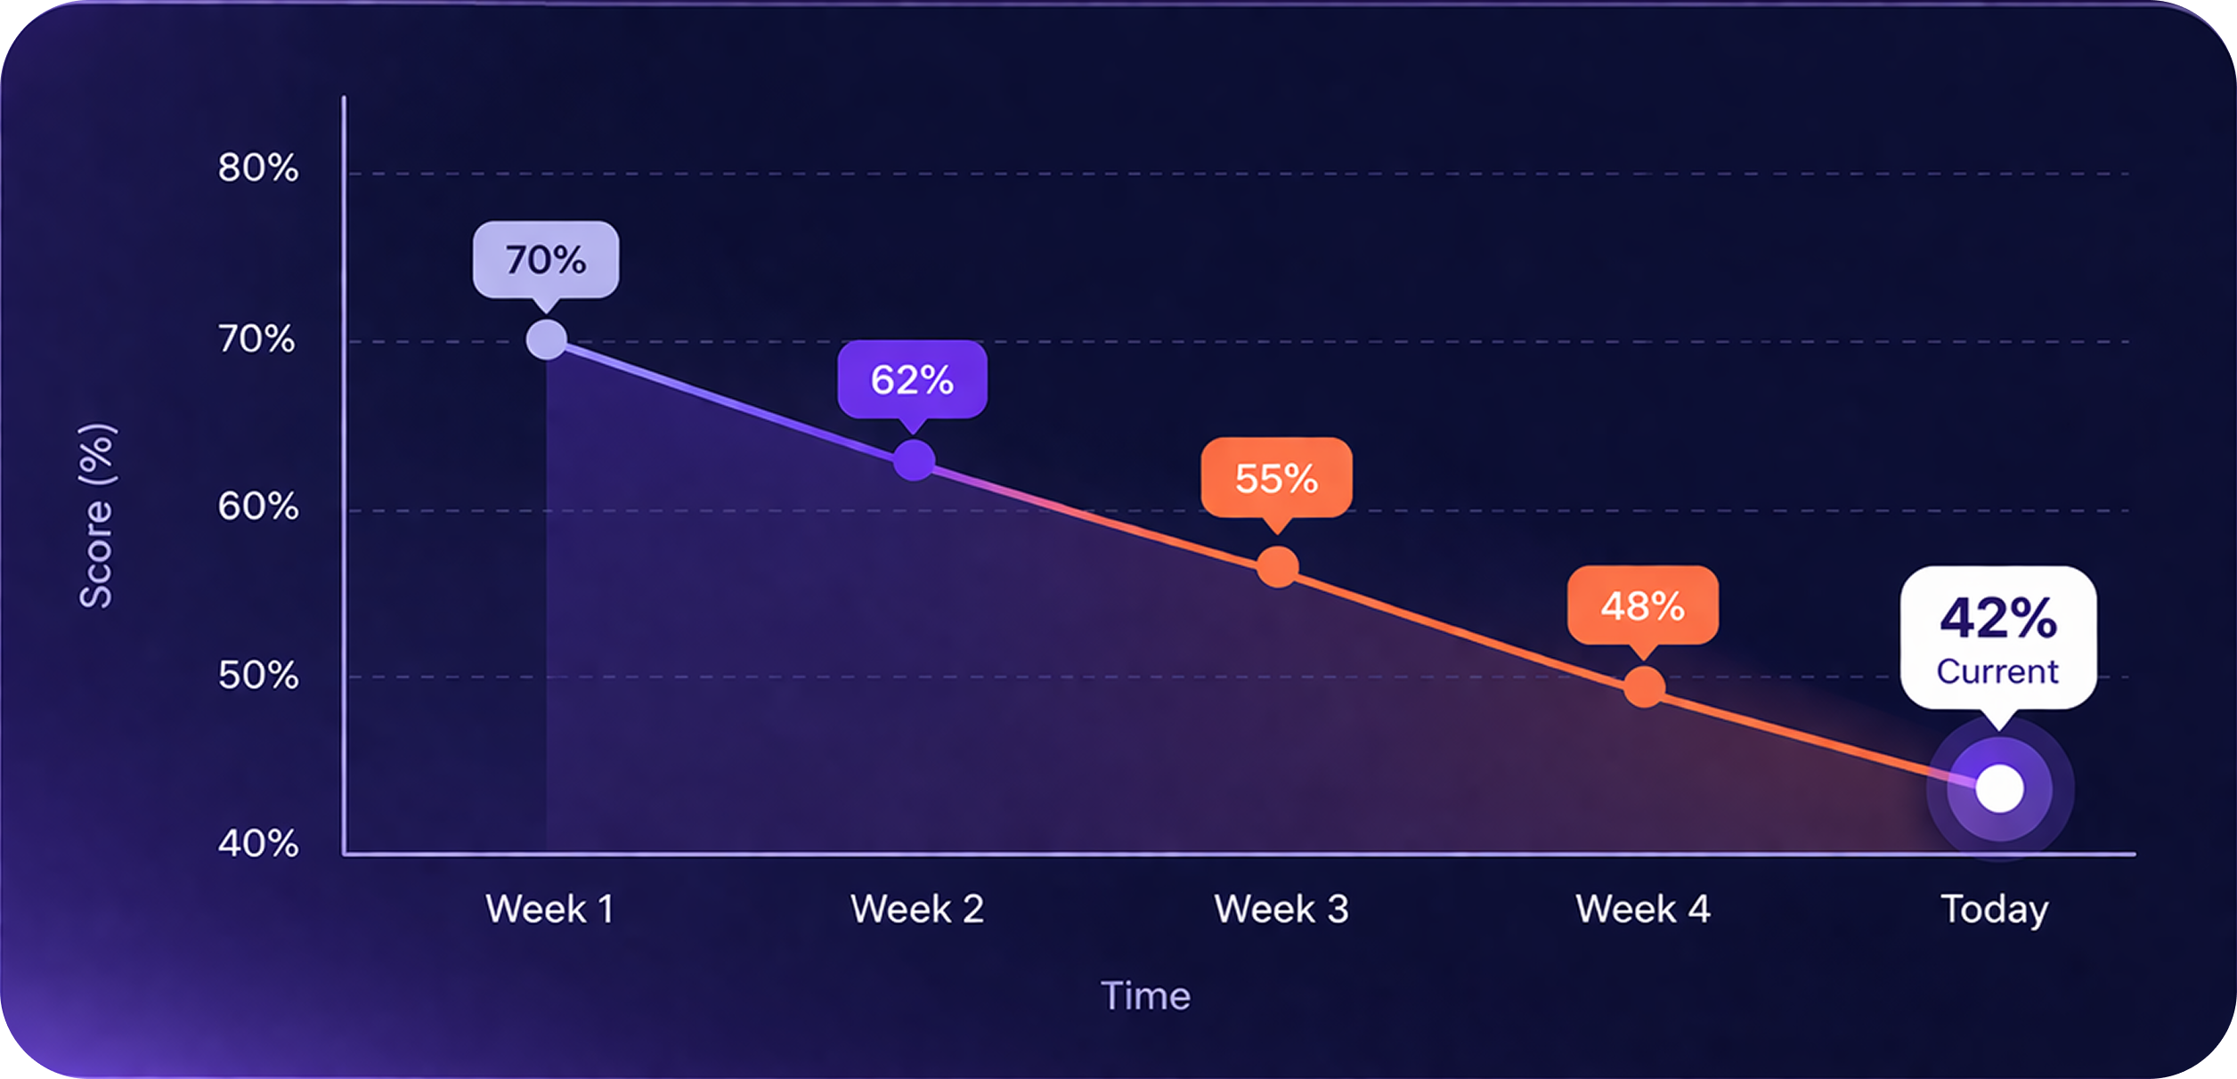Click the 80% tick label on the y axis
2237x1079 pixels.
click(x=257, y=167)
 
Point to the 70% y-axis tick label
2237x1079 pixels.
click(x=256, y=338)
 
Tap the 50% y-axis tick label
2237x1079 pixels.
click(x=257, y=675)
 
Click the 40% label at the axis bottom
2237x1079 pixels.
click(x=257, y=842)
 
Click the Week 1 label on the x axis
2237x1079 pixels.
click(x=549, y=909)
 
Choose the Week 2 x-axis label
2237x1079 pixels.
click(x=917, y=909)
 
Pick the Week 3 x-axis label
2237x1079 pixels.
click(x=1281, y=909)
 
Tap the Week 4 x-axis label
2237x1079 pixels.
click(x=1643, y=909)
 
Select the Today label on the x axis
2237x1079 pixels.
click(x=1995, y=909)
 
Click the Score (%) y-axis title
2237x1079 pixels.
click(x=96, y=516)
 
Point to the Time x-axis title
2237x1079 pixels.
click(x=1145, y=995)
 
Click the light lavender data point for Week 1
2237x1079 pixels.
click(x=547, y=339)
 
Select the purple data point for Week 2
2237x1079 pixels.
click(x=914, y=460)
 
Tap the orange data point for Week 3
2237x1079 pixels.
click(x=1278, y=567)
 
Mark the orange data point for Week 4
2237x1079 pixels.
click(x=1644, y=686)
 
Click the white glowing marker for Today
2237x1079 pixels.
click(x=1999, y=788)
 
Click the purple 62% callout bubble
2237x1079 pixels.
click(x=912, y=379)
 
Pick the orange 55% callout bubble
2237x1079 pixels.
click(x=1276, y=478)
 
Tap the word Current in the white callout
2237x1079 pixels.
click(x=1997, y=671)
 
